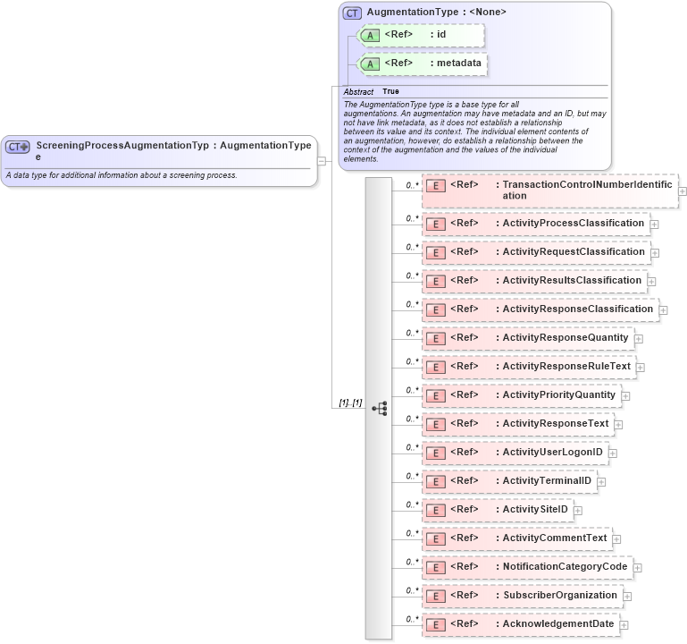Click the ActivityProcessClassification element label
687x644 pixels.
click(x=573, y=223)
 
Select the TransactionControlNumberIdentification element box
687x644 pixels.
click(x=549, y=191)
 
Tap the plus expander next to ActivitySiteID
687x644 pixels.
click(x=578, y=511)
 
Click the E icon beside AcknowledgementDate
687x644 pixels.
click(x=435, y=624)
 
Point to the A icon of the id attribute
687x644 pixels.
click(x=369, y=35)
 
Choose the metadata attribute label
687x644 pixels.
click(x=459, y=64)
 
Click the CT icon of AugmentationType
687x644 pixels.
click(x=352, y=13)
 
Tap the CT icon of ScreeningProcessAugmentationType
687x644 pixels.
click(x=18, y=146)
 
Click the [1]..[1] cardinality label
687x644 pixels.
click(x=350, y=403)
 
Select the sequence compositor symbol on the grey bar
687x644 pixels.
click(x=379, y=408)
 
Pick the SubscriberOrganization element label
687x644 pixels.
click(x=559, y=595)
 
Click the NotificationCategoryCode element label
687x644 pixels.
click(x=565, y=566)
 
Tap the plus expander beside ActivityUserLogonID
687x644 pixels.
click(x=613, y=453)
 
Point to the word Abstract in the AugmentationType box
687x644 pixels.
click(x=358, y=92)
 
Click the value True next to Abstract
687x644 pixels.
click(x=390, y=91)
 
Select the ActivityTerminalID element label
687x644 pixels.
click(x=547, y=480)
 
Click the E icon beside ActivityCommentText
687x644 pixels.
click(x=435, y=538)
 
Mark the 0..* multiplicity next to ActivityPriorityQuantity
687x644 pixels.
click(x=412, y=390)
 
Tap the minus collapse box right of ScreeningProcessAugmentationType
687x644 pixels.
click(x=322, y=161)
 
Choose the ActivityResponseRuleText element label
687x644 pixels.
click(x=566, y=366)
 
